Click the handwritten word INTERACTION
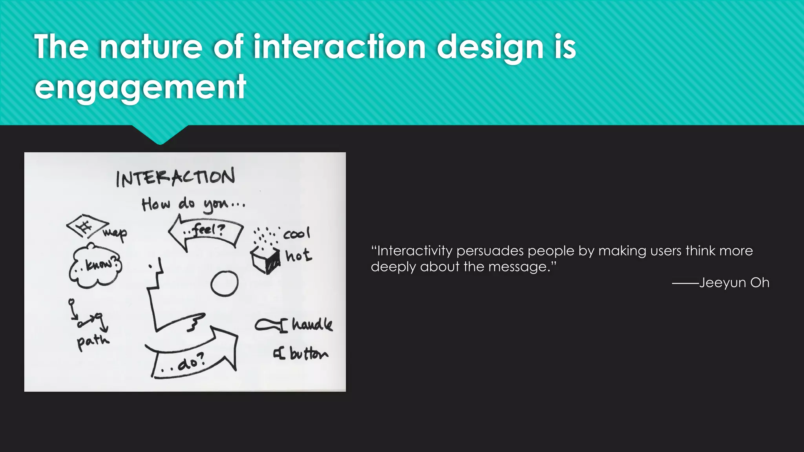click(175, 177)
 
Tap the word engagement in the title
click(140, 87)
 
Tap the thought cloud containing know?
click(95, 266)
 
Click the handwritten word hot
click(298, 256)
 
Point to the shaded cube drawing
click(266, 260)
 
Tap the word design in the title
click(490, 47)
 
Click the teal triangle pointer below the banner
click(160, 134)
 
